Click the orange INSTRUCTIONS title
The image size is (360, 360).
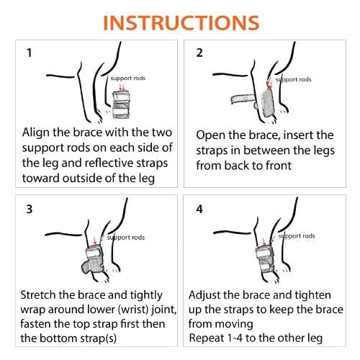(181, 23)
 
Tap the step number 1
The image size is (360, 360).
(30, 53)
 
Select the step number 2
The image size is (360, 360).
(199, 53)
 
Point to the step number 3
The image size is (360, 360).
(30, 209)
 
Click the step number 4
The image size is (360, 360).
(199, 209)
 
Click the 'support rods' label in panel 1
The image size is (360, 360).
(128, 78)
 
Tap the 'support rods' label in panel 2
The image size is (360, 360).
(293, 80)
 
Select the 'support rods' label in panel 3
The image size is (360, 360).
(126, 238)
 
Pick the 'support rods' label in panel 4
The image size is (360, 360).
(297, 236)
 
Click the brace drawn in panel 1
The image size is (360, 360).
(121, 104)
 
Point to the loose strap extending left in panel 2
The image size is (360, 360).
(243, 99)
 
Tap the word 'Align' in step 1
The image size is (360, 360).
(36, 132)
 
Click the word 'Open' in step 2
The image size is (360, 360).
(210, 135)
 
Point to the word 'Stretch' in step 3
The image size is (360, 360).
(37, 295)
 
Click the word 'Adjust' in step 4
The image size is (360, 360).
(204, 295)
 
